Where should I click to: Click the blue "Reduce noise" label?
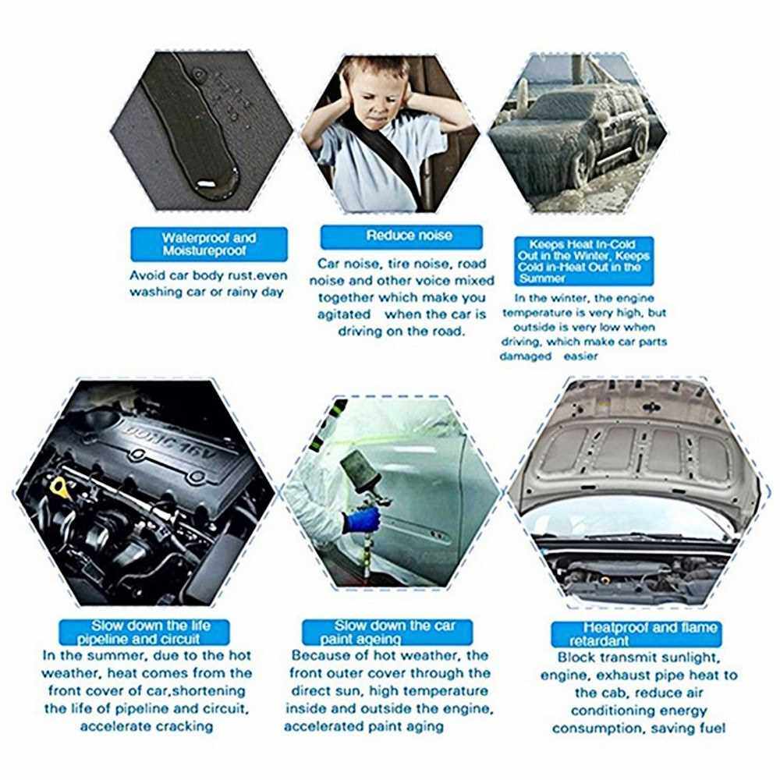click(401, 237)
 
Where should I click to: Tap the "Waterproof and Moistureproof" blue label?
click(209, 244)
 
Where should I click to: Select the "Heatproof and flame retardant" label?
click(636, 633)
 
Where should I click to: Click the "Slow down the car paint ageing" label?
click(387, 633)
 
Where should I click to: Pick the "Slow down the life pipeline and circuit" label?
click(144, 633)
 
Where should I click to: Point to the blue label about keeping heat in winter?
click(583, 261)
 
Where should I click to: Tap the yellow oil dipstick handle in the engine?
click(58, 484)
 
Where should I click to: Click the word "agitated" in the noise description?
click(344, 315)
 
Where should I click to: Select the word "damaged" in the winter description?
click(525, 356)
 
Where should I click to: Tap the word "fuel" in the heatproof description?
click(712, 729)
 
